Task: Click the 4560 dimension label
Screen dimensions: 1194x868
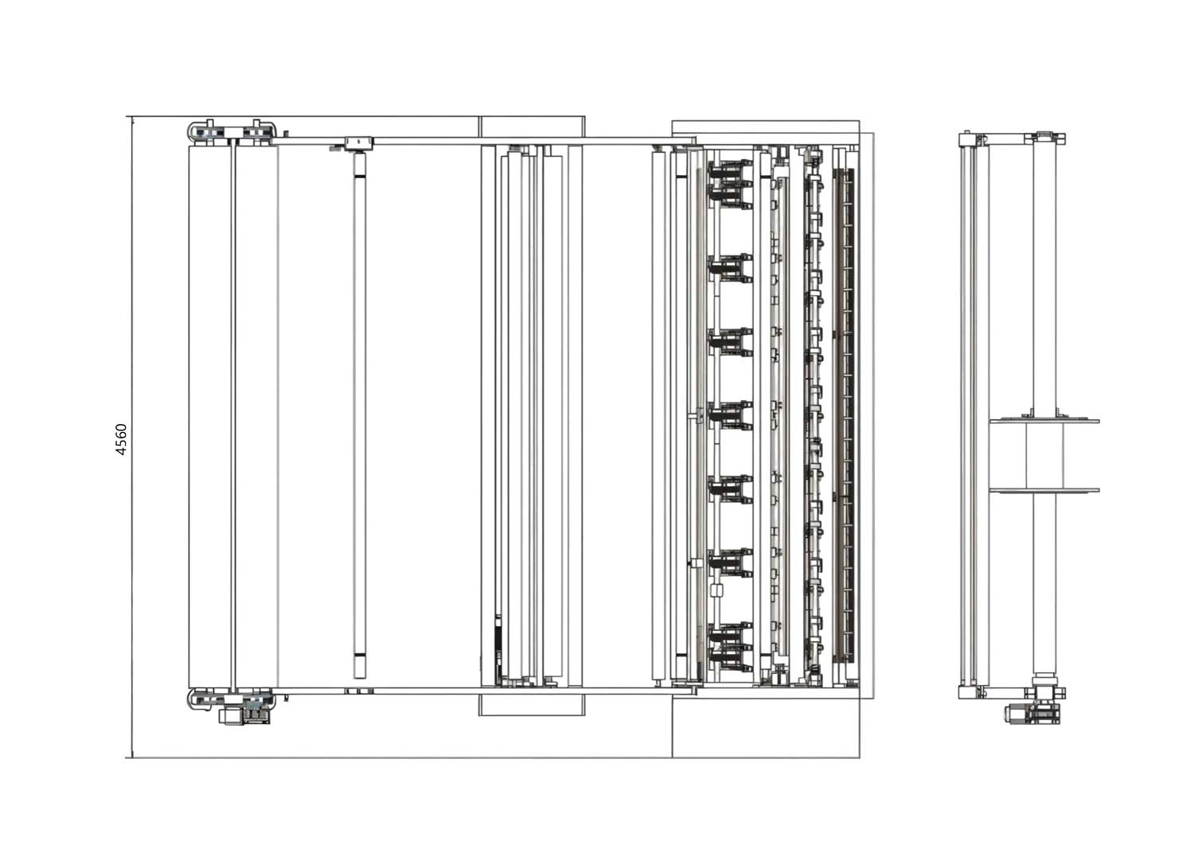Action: (x=122, y=439)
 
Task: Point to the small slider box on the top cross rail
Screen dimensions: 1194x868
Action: (x=359, y=142)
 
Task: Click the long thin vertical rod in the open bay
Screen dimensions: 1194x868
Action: (x=360, y=415)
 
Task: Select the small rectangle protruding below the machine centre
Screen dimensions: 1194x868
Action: (x=532, y=704)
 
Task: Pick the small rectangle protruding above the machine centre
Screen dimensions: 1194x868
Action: (x=532, y=127)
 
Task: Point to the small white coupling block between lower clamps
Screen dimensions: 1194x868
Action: (x=716, y=591)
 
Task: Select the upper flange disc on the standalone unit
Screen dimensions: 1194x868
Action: (x=1044, y=421)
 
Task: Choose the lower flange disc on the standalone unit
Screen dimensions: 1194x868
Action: (x=1044, y=490)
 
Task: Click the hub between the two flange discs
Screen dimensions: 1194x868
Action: (x=1044, y=456)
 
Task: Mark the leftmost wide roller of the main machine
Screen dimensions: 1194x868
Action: (x=210, y=416)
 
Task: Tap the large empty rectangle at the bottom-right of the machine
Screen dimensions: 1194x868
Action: (x=766, y=728)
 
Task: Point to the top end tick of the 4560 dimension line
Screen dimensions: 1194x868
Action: (x=131, y=116)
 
